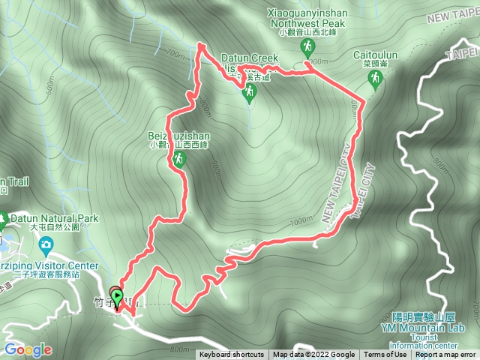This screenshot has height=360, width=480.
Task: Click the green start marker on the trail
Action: point(117,298)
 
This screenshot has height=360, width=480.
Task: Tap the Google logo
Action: point(28,349)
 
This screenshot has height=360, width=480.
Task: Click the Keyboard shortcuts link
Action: point(231,355)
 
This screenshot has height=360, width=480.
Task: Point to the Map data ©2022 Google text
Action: point(313,355)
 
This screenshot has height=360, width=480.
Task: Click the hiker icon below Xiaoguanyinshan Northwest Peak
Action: point(307,47)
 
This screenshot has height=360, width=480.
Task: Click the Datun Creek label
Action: point(250,58)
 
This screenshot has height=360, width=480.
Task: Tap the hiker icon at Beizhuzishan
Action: point(179,159)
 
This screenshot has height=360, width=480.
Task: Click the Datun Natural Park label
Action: point(55,218)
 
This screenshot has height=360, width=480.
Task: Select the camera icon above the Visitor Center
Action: point(46,244)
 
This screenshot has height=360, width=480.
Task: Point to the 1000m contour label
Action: point(300,220)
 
